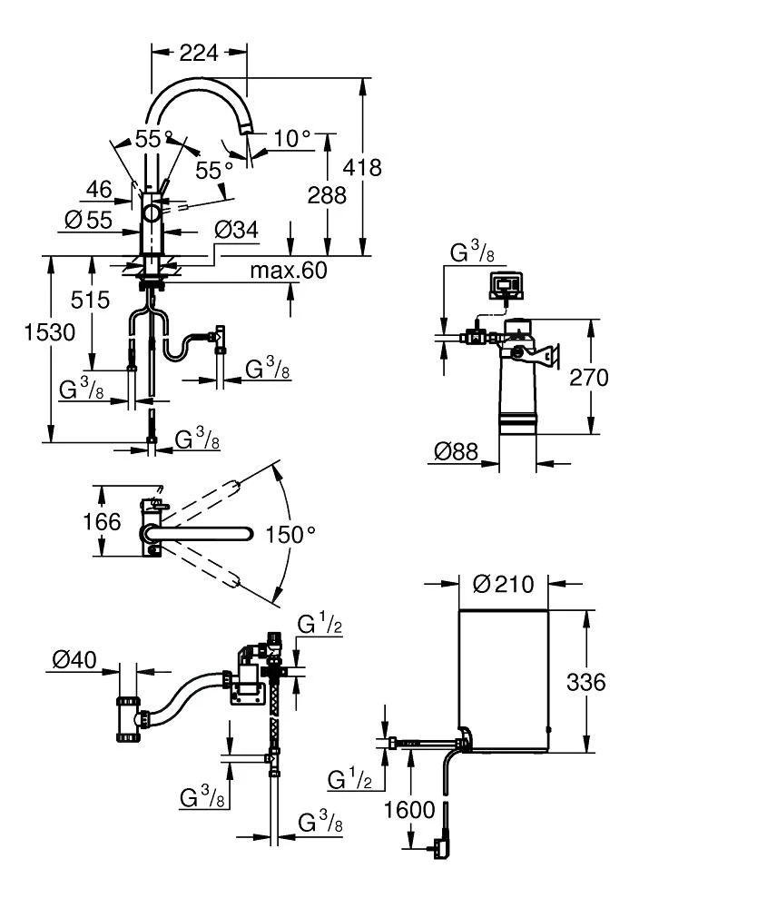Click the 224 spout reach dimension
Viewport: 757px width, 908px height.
[199, 54]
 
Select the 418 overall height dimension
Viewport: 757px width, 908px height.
[364, 168]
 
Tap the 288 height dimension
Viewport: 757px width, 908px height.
[327, 195]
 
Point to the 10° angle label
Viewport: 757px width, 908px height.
[292, 139]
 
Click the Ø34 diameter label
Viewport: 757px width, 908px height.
[236, 231]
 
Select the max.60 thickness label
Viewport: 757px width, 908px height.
[289, 271]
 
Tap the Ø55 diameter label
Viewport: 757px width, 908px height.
[88, 219]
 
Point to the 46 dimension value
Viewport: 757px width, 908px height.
[99, 189]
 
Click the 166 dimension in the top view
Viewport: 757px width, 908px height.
[103, 521]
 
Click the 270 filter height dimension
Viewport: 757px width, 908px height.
[590, 377]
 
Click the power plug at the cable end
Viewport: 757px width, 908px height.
[440, 847]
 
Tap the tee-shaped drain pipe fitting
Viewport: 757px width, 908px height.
[129, 721]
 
